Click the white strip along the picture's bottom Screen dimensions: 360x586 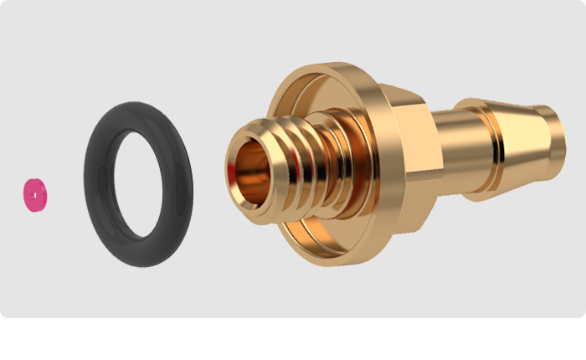293,339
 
